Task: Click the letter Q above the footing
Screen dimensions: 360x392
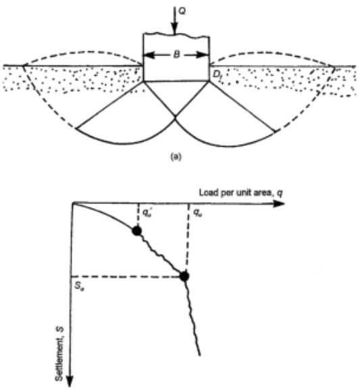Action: (182, 11)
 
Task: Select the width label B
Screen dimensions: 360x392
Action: (176, 55)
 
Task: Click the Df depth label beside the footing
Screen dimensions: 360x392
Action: (217, 74)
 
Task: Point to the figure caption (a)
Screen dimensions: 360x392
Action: (176, 157)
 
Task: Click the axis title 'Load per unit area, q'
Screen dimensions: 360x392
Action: (241, 193)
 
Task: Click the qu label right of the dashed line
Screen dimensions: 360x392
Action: (197, 213)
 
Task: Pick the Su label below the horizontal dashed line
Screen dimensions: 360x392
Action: (80, 287)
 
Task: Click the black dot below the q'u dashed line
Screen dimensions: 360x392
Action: (137, 231)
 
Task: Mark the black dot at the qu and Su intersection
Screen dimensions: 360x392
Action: (184, 276)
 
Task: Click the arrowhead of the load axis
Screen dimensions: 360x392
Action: (279, 203)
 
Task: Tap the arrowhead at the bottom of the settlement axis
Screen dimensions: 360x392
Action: (70, 381)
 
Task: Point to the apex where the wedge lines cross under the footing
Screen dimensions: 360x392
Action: (175, 116)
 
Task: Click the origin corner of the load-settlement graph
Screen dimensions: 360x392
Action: (72, 203)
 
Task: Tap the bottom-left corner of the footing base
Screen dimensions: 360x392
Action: (143, 81)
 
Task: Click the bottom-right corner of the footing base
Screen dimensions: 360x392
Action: (209, 80)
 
